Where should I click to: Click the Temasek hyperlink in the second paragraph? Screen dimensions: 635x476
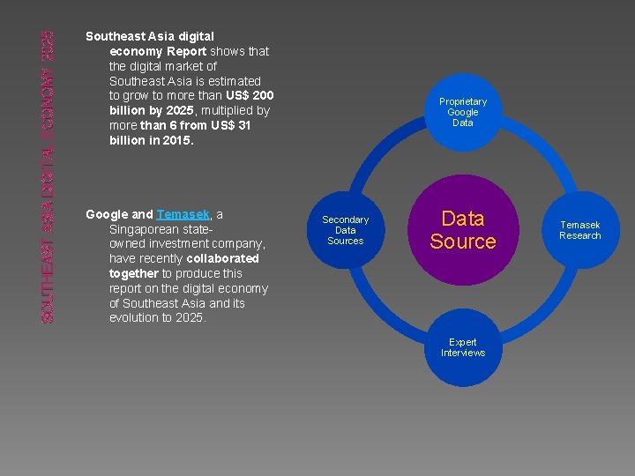tap(183, 214)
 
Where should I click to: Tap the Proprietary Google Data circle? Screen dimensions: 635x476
tap(463, 112)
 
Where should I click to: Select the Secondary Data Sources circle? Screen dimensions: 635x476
tap(346, 230)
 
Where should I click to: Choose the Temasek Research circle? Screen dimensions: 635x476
tap(580, 230)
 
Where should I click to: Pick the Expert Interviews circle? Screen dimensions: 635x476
tap(463, 347)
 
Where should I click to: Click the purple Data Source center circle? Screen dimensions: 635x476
tap(463, 230)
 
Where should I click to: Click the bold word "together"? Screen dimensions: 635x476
tap(133, 273)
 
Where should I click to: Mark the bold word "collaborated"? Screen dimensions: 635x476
tap(222, 258)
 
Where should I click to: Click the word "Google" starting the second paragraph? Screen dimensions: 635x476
tap(107, 214)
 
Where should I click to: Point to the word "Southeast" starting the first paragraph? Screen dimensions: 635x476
tap(114, 36)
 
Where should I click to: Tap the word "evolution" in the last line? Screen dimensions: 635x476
tap(133, 318)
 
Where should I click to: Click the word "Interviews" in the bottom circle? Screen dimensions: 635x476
tap(463, 353)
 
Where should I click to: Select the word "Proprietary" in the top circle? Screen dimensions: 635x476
tap(463, 101)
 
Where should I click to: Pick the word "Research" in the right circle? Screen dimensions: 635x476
tap(580, 235)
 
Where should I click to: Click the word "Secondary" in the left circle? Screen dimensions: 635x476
tap(346, 219)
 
